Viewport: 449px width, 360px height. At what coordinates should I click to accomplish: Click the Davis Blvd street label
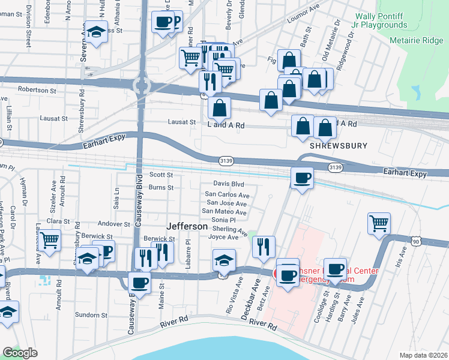pos(229,184)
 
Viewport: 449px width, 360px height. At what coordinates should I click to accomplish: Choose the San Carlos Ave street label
pos(227,195)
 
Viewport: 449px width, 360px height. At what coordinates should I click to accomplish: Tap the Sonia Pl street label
pos(223,220)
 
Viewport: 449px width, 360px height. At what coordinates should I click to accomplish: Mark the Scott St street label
pos(161,175)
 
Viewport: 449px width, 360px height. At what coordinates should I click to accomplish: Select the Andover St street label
pos(113,224)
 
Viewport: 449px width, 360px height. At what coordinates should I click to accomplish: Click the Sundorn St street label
pos(91,314)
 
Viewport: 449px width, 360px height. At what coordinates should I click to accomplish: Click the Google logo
pos(20,353)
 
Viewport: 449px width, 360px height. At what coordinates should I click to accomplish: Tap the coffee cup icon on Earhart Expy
pos(301,177)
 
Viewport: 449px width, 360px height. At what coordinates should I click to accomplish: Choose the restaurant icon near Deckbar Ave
pos(263,245)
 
